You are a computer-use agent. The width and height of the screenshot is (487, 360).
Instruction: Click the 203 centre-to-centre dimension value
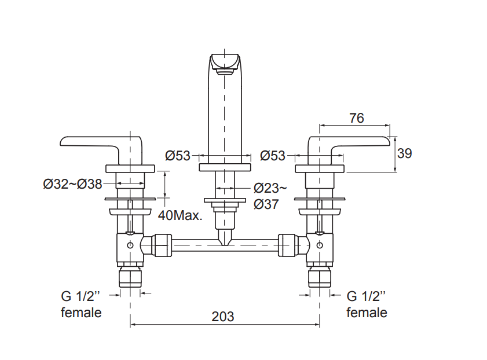click(223, 316)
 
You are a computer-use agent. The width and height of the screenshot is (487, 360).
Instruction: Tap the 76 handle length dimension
click(356, 118)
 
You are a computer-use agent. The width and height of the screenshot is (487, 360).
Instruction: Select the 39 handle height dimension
click(404, 153)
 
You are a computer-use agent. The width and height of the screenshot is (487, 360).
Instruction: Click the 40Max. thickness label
click(180, 215)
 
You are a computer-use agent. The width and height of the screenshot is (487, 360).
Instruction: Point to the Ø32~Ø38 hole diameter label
click(73, 184)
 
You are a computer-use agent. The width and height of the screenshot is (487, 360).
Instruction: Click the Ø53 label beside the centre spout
click(178, 156)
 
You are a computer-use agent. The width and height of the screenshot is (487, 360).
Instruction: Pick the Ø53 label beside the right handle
click(273, 156)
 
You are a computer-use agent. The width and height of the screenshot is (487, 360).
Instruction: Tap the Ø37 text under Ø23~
click(266, 204)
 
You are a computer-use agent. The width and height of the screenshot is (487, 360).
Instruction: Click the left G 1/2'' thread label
click(80, 296)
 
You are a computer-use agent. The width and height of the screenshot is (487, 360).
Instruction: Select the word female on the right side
click(367, 313)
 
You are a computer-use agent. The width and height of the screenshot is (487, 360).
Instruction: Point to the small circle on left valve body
click(130, 245)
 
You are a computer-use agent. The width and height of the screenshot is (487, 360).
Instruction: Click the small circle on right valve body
click(320, 245)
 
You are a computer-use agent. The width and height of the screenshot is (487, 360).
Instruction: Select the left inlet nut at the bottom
click(130, 278)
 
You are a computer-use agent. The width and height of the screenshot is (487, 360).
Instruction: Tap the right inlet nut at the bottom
click(320, 278)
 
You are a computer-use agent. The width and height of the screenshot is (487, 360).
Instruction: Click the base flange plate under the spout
click(225, 167)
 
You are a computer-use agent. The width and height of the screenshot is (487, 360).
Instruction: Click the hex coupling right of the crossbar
click(287, 245)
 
